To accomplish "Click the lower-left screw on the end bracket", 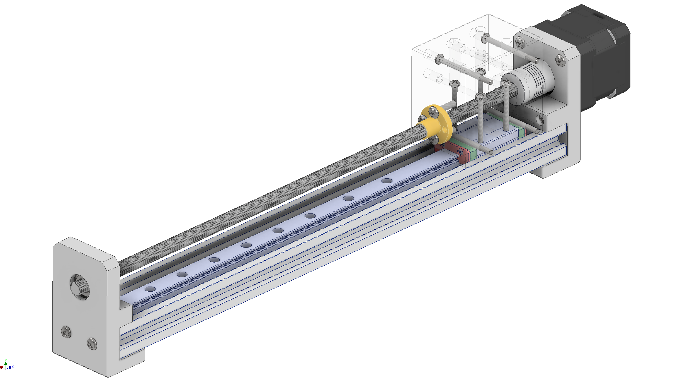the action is (66, 332).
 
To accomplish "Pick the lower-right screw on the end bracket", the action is (92, 343).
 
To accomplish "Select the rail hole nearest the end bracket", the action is (150, 289).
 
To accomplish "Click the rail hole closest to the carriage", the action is (387, 181).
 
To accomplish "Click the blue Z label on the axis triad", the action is (13, 366).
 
